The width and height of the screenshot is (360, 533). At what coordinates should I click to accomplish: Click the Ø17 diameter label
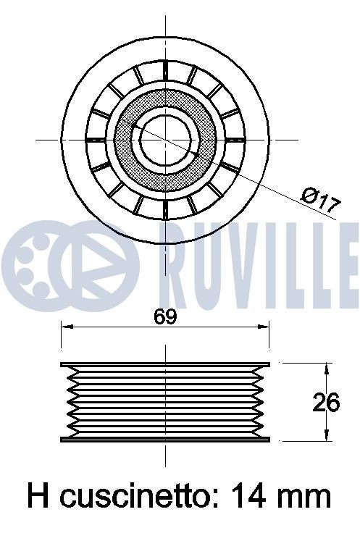pyautogui.click(x=319, y=199)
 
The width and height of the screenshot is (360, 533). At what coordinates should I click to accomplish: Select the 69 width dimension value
pyautogui.click(x=165, y=316)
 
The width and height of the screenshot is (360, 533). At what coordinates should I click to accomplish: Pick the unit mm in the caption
pyautogui.click(x=306, y=496)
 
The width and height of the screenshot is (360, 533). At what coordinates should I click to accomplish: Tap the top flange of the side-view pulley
pyautogui.click(x=165, y=364)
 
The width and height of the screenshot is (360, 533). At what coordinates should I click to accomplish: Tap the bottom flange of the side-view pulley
pyautogui.click(x=165, y=439)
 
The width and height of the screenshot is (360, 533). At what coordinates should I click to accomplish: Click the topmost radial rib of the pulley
pyautogui.click(x=165, y=70)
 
